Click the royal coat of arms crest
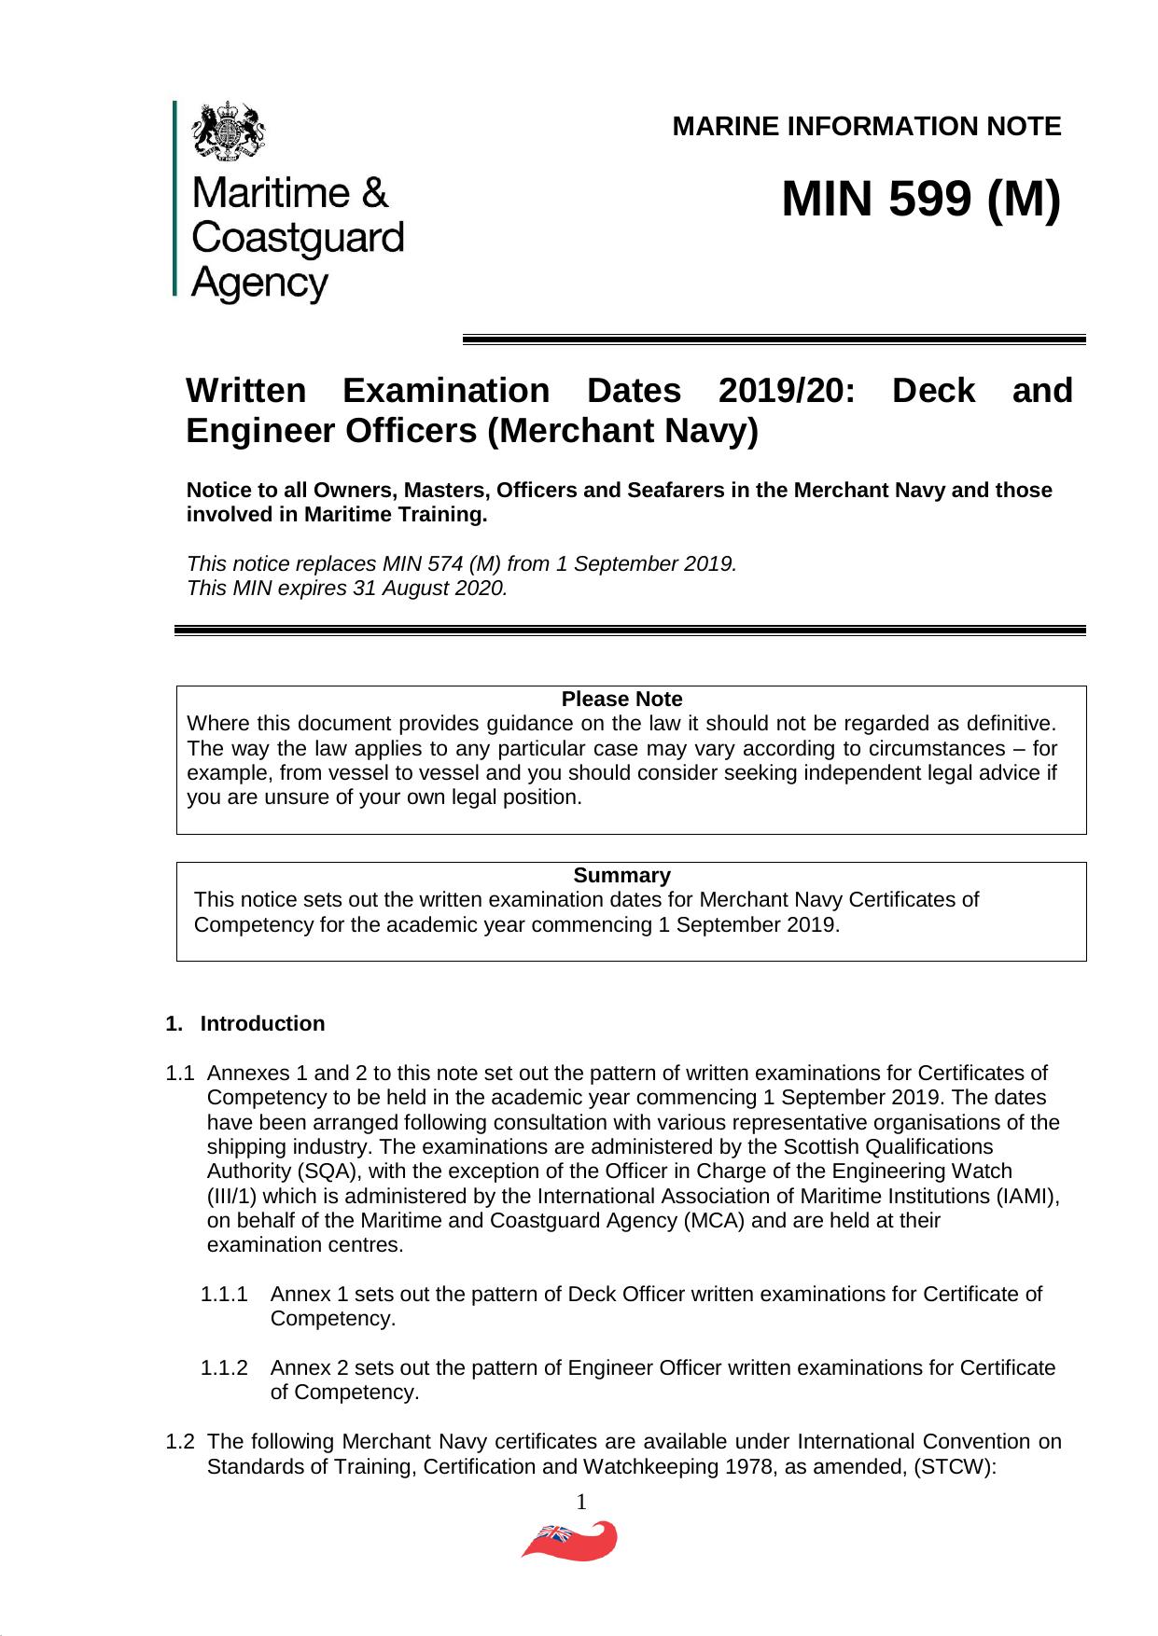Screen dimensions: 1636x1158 229,130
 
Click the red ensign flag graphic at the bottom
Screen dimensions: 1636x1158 569,1542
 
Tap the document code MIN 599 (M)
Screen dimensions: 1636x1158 921,199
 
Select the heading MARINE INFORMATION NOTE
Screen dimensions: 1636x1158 866,127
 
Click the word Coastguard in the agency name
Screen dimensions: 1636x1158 297,238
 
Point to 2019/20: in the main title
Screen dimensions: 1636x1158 786,390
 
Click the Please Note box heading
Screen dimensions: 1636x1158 621,699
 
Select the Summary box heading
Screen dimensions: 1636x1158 621,875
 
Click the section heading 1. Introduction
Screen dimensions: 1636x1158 245,1023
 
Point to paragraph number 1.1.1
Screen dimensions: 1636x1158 225,1294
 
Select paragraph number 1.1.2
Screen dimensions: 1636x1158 225,1367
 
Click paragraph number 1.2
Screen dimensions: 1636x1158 180,1441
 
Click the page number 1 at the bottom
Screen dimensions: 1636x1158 580,1502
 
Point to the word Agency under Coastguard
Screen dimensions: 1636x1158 259,283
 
